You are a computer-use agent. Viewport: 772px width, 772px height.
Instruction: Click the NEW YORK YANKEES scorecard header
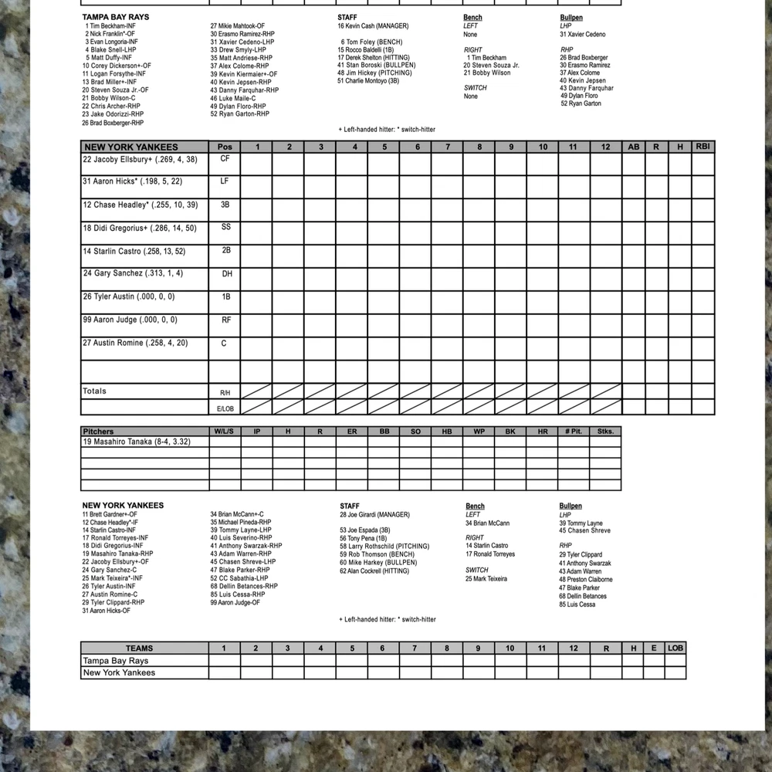coord(131,147)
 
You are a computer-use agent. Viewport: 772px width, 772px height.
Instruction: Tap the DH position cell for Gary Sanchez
coord(225,274)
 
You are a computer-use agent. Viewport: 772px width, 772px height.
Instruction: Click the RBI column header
coord(703,146)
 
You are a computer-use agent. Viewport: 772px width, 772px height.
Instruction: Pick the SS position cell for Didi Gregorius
coord(225,228)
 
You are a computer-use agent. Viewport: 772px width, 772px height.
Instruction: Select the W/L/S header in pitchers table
coord(225,432)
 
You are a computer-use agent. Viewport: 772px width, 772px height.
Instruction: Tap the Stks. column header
coord(605,432)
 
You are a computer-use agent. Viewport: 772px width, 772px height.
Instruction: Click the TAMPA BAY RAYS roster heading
coord(116,17)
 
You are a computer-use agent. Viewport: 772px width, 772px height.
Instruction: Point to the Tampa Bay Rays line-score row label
coord(116,661)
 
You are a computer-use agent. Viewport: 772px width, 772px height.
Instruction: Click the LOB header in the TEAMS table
coord(675,648)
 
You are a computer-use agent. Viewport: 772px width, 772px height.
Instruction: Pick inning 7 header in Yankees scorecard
coord(448,147)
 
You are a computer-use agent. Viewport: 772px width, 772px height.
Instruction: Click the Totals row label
coord(95,391)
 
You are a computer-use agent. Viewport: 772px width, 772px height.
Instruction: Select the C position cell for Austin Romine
coord(225,344)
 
